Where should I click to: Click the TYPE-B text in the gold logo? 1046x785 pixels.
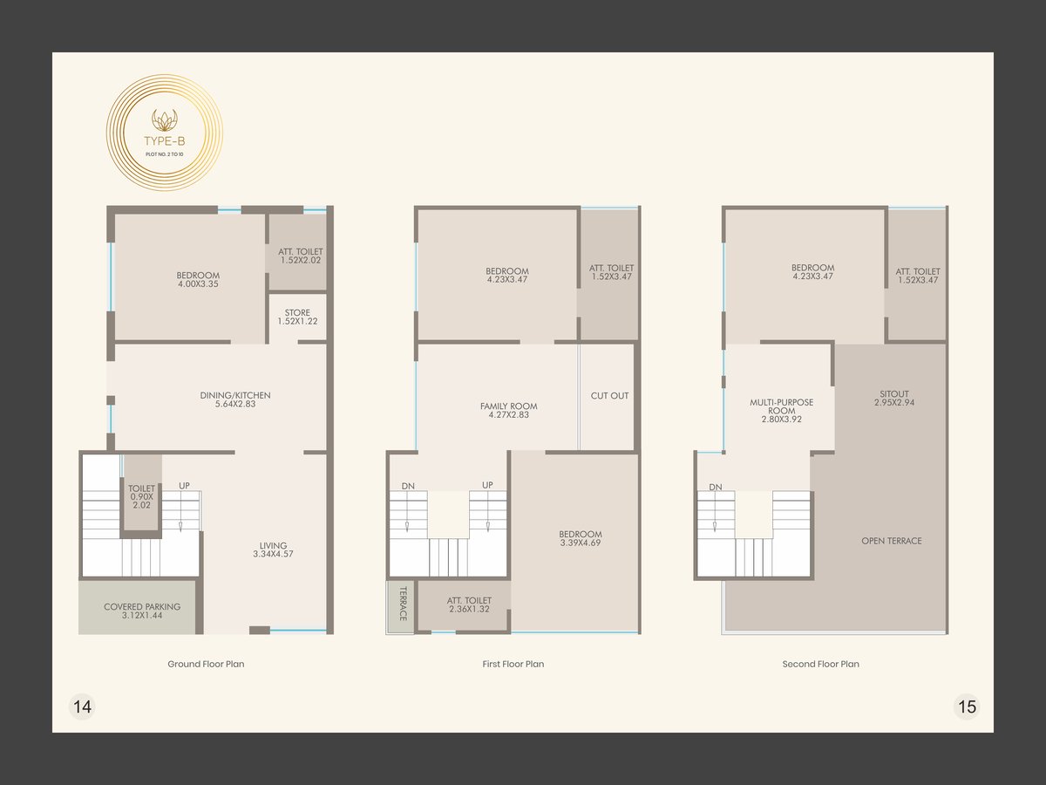[x=165, y=141]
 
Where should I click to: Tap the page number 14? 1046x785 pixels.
[x=83, y=706]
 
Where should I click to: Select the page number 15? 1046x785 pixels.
[x=967, y=706]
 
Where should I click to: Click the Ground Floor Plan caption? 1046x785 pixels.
[x=206, y=664]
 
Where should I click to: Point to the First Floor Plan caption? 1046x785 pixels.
[x=513, y=664]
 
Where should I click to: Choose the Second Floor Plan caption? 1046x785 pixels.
[x=820, y=664]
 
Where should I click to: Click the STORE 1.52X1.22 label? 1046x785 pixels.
[x=297, y=317]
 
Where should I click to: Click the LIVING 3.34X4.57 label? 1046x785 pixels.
[x=273, y=549]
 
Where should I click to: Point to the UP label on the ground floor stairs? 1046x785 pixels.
[x=185, y=485]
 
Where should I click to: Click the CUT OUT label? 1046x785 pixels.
[x=609, y=396]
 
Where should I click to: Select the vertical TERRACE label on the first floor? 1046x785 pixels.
[x=403, y=604]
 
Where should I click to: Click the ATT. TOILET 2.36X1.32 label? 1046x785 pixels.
[x=469, y=604]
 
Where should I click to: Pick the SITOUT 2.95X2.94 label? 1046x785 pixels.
[x=894, y=398]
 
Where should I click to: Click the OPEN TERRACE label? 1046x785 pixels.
[x=892, y=541]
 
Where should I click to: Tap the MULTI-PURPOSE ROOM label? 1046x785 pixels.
[x=782, y=410]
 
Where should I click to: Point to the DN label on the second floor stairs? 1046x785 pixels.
[x=716, y=487]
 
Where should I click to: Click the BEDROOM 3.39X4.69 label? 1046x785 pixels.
[x=581, y=538]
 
